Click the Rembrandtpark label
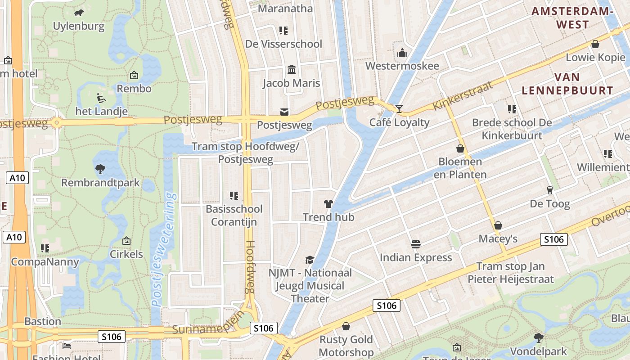pyautogui.click(x=100, y=183)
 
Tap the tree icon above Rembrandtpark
pyautogui.click(x=100, y=169)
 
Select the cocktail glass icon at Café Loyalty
pyautogui.click(x=399, y=108)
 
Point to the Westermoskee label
pyautogui.click(x=402, y=66)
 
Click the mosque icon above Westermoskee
pyautogui.click(x=402, y=53)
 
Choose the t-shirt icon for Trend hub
pyautogui.click(x=328, y=204)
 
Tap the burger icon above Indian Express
pyautogui.click(x=416, y=244)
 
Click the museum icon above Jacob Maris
pyautogui.click(x=292, y=70)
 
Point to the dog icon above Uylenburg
pyautogui.click(x=79, y=13)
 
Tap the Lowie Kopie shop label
pyautogui.click(x=595, y=58)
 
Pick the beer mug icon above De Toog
pyautogui.click(x=549, y=190)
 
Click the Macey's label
pyautogui.click(x=498, y=238)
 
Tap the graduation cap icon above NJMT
pyautogui.click(x=310, y=259)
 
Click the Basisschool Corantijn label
pyautogui.click(x=234, y=216)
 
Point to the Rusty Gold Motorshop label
pyautogui.click(x=346, y=346)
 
